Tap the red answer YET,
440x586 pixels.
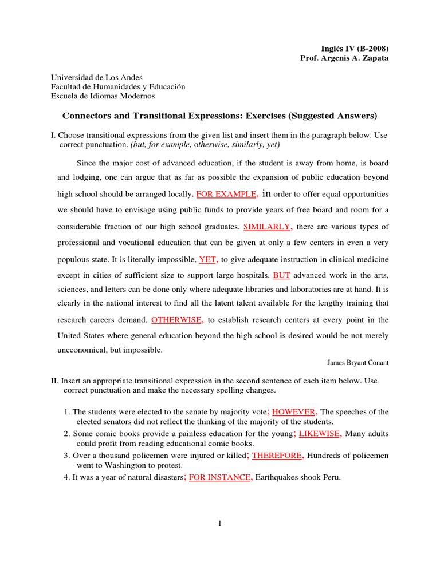tap(209, 259)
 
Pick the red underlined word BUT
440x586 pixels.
tap(282, 275)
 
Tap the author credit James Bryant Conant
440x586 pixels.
tap(357, 362)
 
